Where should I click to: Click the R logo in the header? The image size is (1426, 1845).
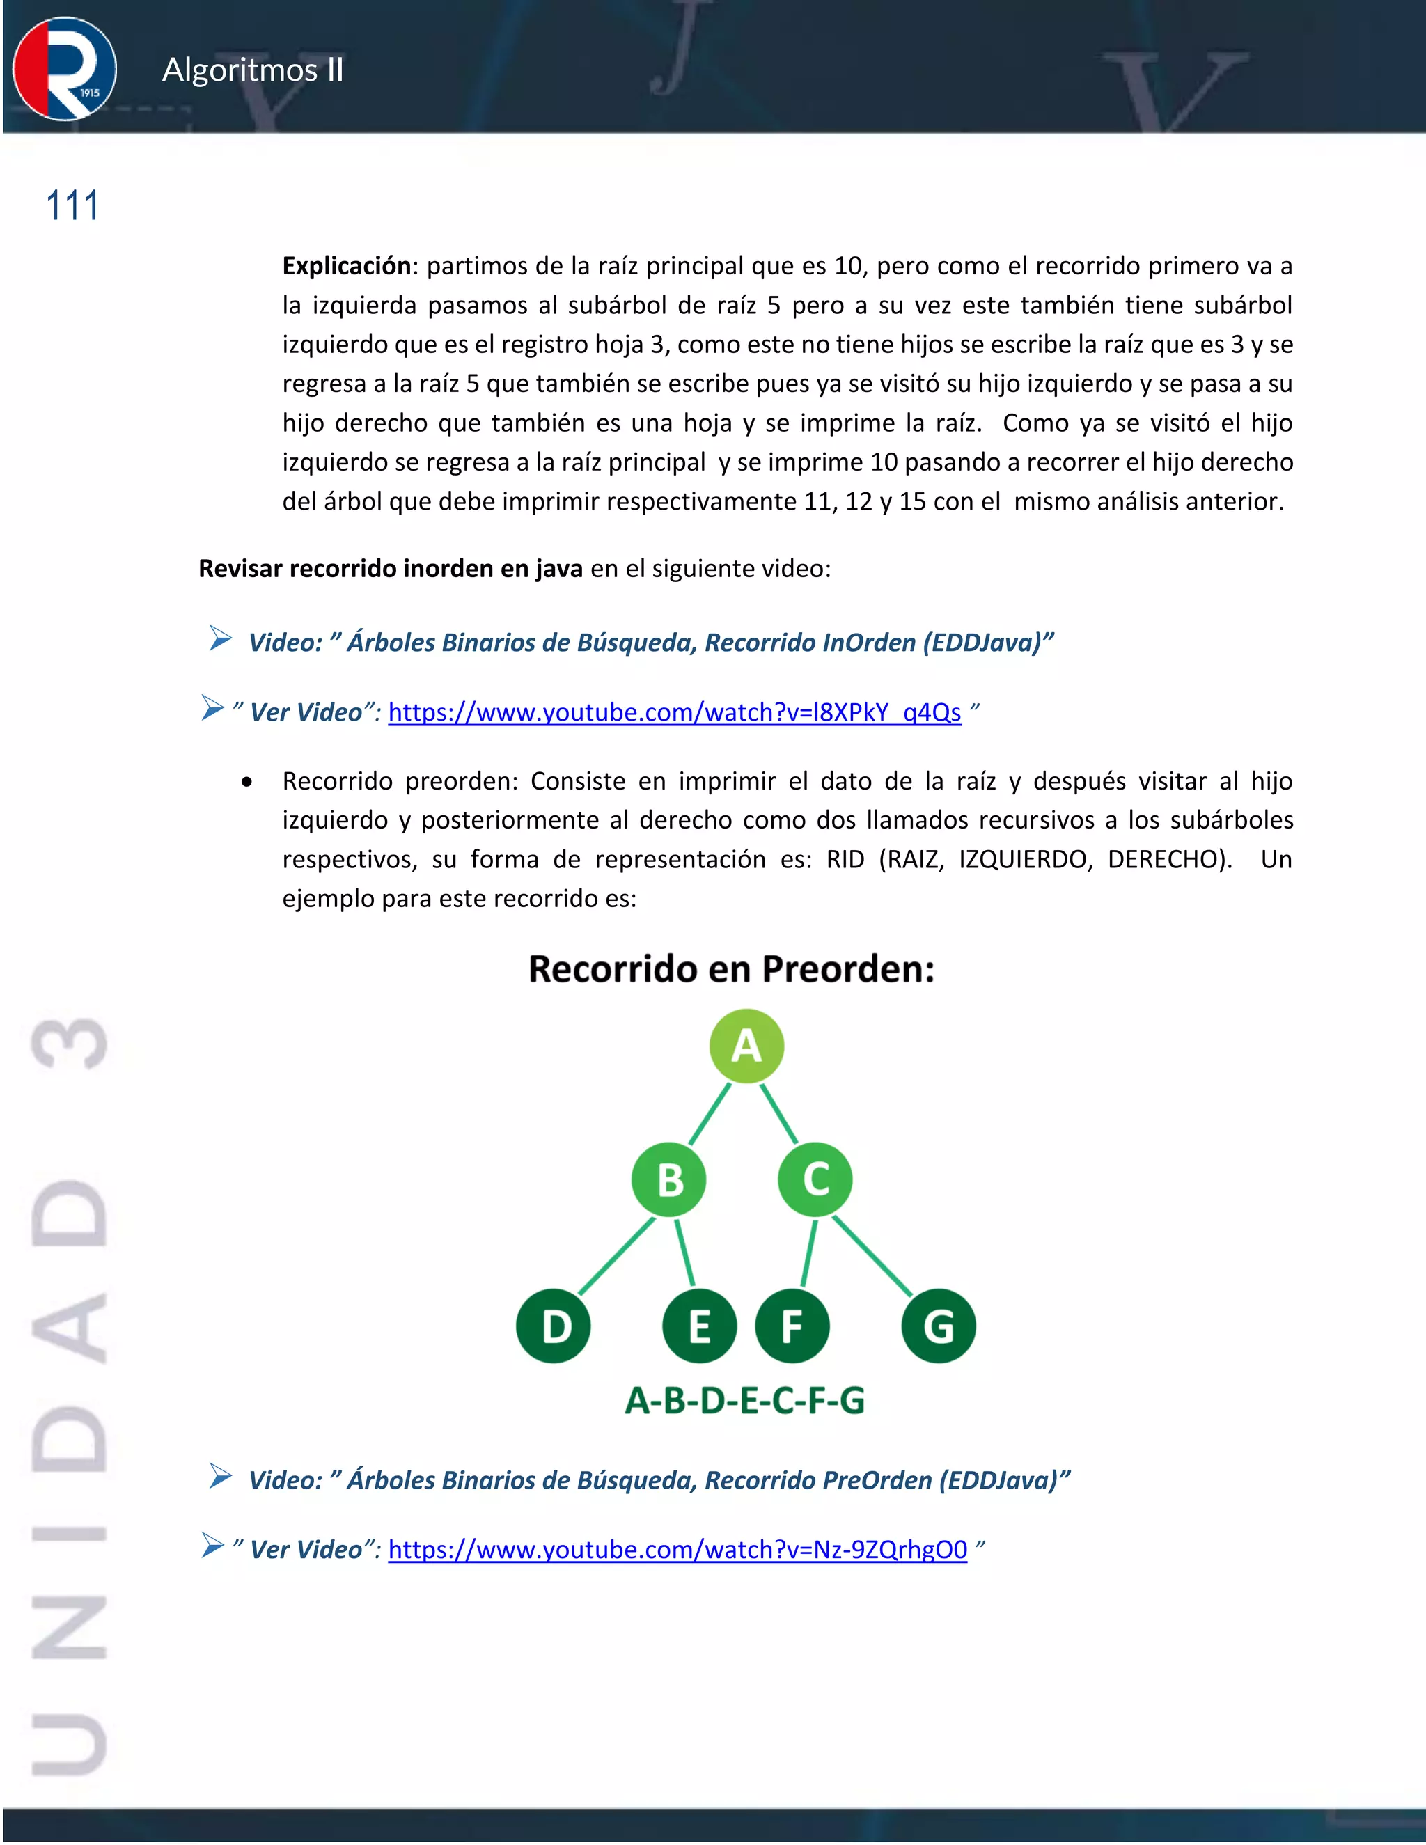pos(65,69)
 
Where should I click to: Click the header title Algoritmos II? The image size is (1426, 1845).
pos(253,70)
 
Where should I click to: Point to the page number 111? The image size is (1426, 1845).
pos(72,206)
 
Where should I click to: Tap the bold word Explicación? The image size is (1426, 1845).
pos(346,266)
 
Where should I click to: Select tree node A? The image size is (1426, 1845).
pos(746,1046)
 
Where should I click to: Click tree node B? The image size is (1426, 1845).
pos(669,1179)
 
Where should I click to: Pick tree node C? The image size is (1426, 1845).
pos(815,1179)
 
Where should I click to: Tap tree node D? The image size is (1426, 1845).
pos(554,1326)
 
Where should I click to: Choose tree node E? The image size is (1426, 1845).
pos(700,1326)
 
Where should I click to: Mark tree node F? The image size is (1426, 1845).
pos(792,1326)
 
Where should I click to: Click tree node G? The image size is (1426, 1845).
pos(939,1326)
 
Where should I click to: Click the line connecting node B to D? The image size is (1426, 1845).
pos(617,1256)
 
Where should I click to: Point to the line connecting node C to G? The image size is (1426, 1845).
pos(872,1256)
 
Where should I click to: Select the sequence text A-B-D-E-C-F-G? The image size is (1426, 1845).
pos(744,1401)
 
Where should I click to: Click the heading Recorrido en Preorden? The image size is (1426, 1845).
pos(732,969)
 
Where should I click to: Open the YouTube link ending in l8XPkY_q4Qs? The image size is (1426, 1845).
pos(674,712)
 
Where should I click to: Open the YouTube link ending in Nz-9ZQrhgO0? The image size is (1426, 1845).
pos(677,1549)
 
